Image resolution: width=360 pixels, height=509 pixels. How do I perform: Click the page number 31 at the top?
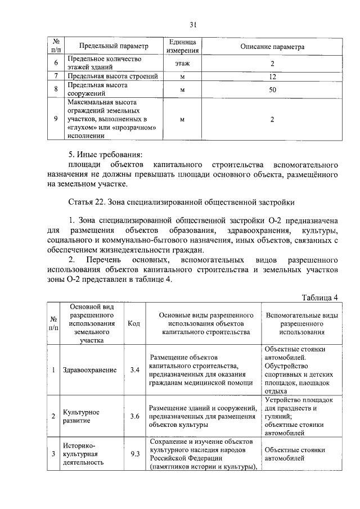(x=193, y=24)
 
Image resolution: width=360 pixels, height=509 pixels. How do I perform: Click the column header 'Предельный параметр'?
(x=114, y=47)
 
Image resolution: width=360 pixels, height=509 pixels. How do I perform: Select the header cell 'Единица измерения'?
(x=181, y=47)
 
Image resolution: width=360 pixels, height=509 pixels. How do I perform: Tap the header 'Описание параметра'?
(x=272, y=47)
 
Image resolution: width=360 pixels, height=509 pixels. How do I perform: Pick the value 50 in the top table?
(x=272, y=89)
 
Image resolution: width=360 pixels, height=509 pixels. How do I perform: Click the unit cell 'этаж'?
(x=182, y=63)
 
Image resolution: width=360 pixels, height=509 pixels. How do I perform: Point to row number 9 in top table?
(x=55, y=119)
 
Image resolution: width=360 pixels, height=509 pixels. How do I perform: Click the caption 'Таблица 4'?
(x=319, y=298)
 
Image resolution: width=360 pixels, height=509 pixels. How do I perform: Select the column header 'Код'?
(x=134, y=323)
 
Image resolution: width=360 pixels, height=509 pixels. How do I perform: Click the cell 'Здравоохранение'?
(x=90, y=370)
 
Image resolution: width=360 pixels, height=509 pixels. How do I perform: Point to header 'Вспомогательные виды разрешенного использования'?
(x=301, y=324)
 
